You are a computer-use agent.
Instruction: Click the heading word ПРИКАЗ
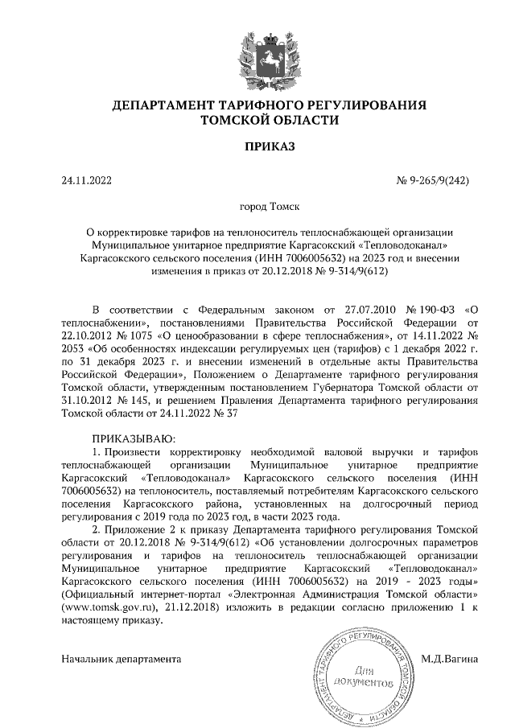pyautogui.click(x=257, y=146)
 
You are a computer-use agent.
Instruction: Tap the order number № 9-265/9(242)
pyautogui.click(x=433, y=180)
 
